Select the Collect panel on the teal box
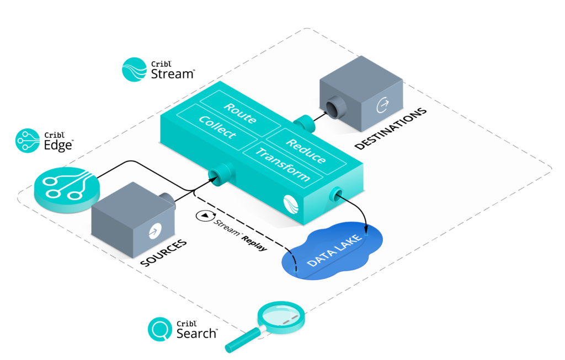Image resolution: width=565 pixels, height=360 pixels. pos(217,127)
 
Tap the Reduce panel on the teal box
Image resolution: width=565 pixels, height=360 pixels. pos(306,150)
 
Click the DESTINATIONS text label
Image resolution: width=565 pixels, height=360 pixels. pos(391,128)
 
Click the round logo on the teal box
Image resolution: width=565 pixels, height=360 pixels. pos(291,204)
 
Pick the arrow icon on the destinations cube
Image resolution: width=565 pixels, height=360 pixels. pos(382,104)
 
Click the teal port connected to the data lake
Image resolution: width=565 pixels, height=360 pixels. pos(335,193)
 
